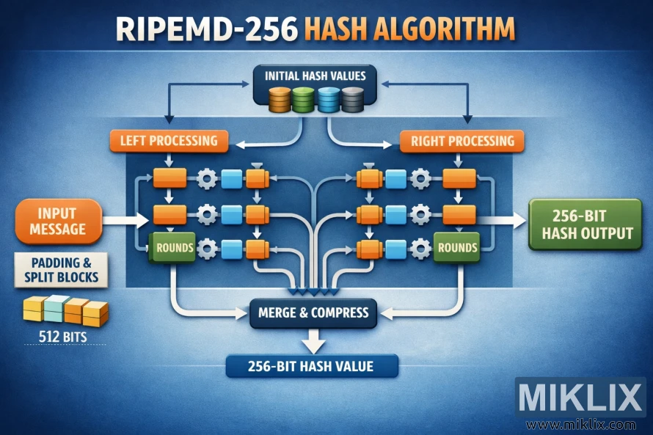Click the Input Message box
click(x=56, y=220)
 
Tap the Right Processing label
click(x=462, y=140)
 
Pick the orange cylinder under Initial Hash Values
click(x=281, y=99)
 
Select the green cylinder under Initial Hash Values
click(x=304, y=99)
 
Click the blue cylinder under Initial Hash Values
click(x=329, y=99)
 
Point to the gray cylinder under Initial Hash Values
click(x=353, y=99)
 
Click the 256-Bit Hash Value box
click(x=312, y=365)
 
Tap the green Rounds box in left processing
click(x=172, y=247)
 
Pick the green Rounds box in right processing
click(x=456, y=247)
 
